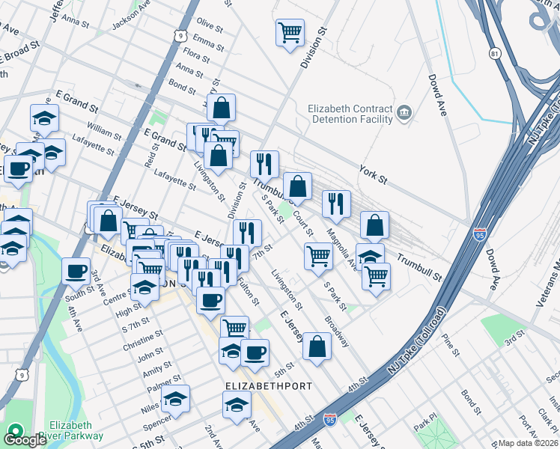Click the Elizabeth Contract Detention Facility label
(350, 113)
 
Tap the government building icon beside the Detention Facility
(405, 113)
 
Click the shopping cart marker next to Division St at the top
(289, 33)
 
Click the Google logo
(25, 439)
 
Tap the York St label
(373, 174)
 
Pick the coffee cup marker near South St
(75, 270)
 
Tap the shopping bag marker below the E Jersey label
(317, 346)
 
